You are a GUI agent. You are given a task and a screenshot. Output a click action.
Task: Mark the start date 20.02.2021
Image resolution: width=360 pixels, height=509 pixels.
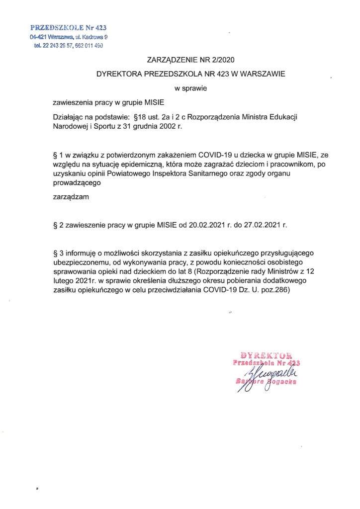(203, 225)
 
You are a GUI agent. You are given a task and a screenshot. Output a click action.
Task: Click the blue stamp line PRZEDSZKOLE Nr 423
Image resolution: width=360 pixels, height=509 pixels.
(69, 28)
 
